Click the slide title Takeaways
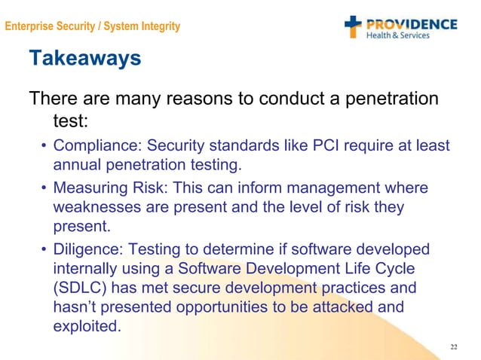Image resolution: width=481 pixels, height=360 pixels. pos(84,58)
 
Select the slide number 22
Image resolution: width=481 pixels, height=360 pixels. pos(453,346)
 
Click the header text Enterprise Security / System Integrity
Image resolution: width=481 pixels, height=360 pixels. pos(91,27)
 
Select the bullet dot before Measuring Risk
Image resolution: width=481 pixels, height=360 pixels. pos(43,188)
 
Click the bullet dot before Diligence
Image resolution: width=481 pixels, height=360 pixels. pos(43,249)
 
